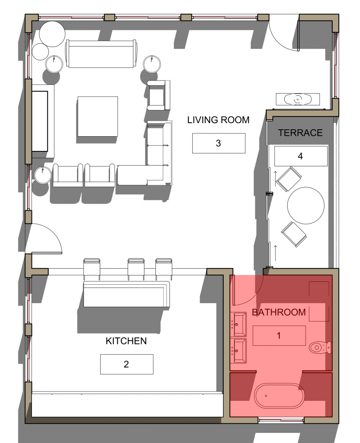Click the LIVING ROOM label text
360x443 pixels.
(218, 120)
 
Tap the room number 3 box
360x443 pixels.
(219, 143)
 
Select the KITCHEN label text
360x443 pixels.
(126, 341)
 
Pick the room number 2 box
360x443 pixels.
(126, 364)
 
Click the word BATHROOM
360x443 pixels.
(279, 312)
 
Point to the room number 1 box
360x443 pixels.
(279, 335)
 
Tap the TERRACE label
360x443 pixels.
(300, 133)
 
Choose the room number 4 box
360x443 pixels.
(301, 156)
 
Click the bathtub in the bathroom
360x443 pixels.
(279, 396)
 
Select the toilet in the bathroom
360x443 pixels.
(320, 348)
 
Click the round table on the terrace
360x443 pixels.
(306, 205)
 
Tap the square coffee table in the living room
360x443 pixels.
(98, 116)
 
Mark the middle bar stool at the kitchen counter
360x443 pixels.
(136, 268)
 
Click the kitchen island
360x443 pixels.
(126, 294)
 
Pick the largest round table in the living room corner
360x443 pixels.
(52, 34)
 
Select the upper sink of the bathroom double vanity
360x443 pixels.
(239, 324)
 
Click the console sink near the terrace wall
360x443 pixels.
(298, 99)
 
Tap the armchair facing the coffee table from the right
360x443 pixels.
(158, 95)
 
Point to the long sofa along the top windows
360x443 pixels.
(101, 54)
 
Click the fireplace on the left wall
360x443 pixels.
(40, 121)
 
